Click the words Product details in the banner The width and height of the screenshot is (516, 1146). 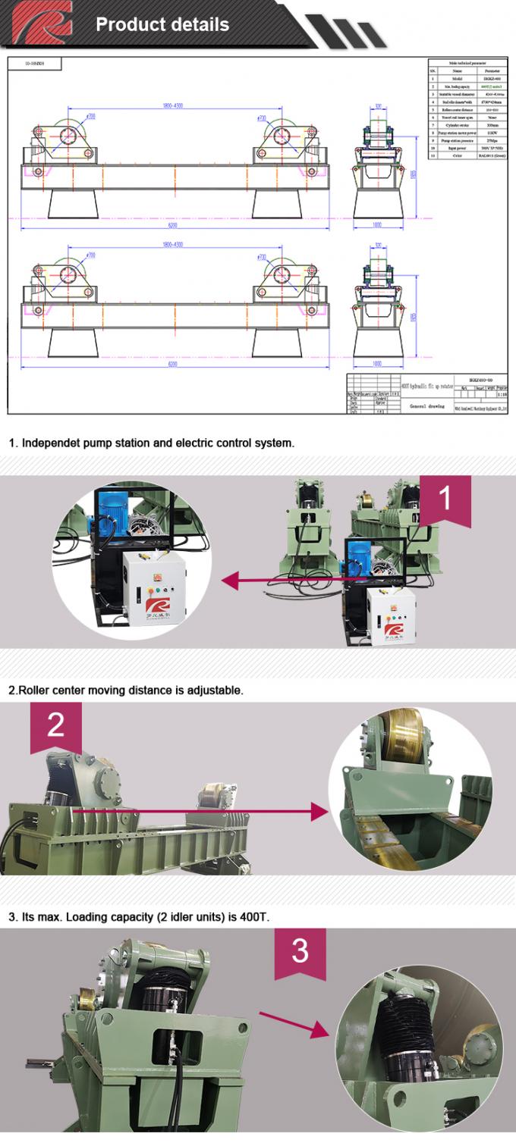(162, 24)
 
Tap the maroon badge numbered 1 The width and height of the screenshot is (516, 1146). (445, 498)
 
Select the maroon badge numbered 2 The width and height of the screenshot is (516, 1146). (56, 725)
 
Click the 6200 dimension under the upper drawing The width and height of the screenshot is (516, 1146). (172, 227)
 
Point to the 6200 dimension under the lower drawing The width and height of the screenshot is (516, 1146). (172, 365)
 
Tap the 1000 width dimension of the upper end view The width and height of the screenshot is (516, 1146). (377, 226)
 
